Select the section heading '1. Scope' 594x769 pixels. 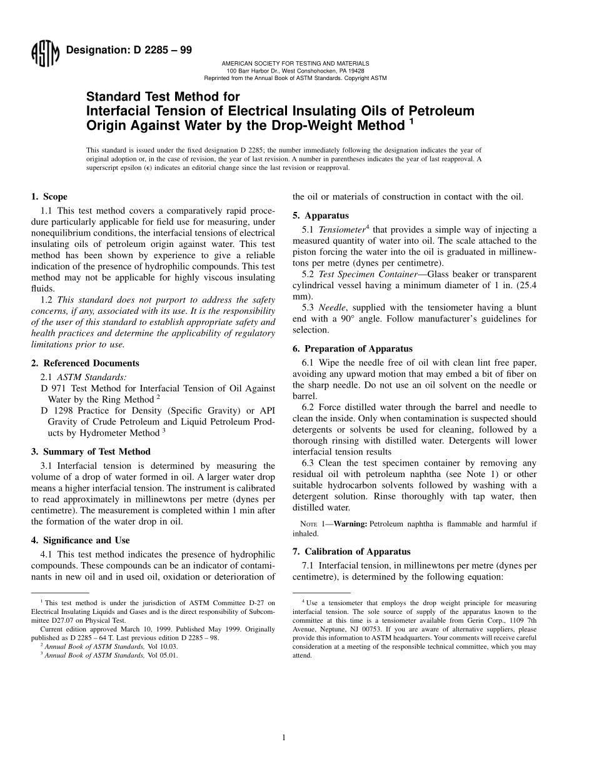pyautogui.click(x=49, y=196)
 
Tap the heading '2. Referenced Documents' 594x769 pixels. pyautogui.click(x=85, y=363)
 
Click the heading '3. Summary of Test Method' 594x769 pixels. pyautogui.click(x=91, y=451)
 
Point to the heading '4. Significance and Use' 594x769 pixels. pyautogui.click(x=86, y=540)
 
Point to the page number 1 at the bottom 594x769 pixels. pyautogui.click(x=284, y=738)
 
